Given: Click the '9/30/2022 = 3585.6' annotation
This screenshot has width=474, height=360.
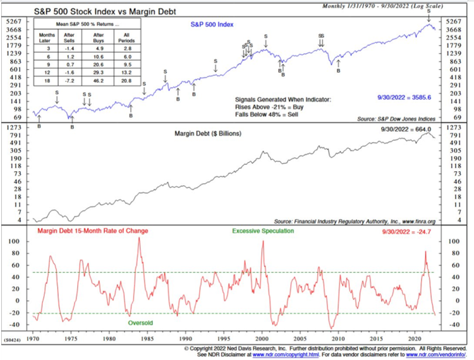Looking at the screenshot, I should click(x=411, y=99).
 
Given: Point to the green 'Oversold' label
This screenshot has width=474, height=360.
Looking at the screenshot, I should click(x=140, y=323).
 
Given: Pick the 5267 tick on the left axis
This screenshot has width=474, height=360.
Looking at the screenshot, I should click(x=14, y=22).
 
